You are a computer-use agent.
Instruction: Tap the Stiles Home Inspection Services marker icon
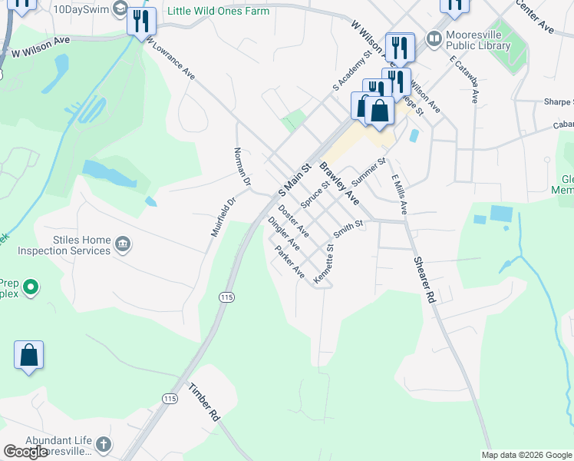(123, 245)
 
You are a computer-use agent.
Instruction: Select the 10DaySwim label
(79, 9)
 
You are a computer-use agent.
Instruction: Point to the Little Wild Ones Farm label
(219, 12)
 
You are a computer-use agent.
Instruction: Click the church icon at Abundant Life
(103, 444)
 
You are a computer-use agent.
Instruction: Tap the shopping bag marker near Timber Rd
(29, 356)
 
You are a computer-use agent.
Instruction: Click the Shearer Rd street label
(425, 280)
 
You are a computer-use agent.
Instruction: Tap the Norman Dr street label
(242, 167)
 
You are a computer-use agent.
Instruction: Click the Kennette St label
(325, 265)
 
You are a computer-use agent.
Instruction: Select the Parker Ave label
(290, 264)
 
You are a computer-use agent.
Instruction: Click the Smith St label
(348, 227)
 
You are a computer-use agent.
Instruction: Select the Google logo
(25, 452)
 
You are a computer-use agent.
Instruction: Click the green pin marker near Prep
(31, 289)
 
